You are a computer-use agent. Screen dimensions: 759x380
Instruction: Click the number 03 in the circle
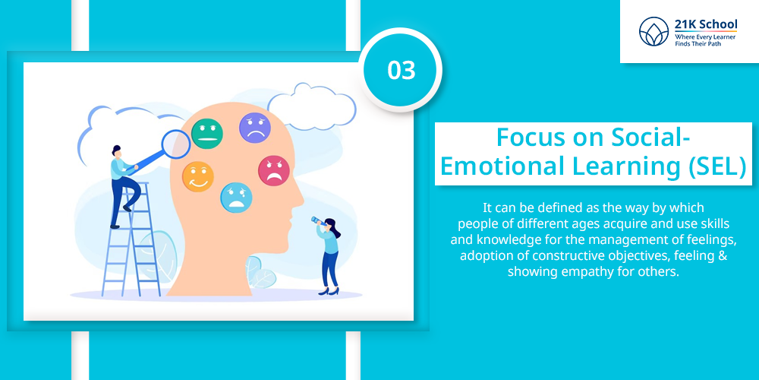pyautogui.click(x=402, y=71)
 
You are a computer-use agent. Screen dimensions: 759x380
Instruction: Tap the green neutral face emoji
pyautogui.click(x=207, y=133)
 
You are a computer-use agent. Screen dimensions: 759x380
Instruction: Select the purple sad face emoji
pyautogui.click(x=254, y=128)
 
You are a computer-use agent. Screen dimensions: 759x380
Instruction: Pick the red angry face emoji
pyautogui.click(x=273, y=170)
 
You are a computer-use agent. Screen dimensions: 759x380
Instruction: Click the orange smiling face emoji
pyautogui.click(x=198, y=176)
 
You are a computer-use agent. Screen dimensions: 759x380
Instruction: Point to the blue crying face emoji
pyautogui.click(x=236, y=198)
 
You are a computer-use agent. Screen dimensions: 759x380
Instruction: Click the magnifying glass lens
pyautogui.click(x=176, y=144)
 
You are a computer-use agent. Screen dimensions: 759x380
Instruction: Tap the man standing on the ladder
pyautogui.click(x=123, y=185)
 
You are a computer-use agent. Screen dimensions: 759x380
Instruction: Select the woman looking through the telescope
pyautogui.click(x=329, y=256)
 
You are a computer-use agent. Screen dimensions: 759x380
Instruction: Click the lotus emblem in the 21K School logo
pyautogui.click(x=653, y=31)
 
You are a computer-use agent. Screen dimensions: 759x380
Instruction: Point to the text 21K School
pyautogui.click(x=706, y=24)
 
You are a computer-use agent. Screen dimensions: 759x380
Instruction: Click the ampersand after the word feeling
pyautogui.click(x=723, y=255)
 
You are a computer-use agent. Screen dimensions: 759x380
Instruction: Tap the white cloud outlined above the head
pyautogui.click(x=311, y=106)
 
